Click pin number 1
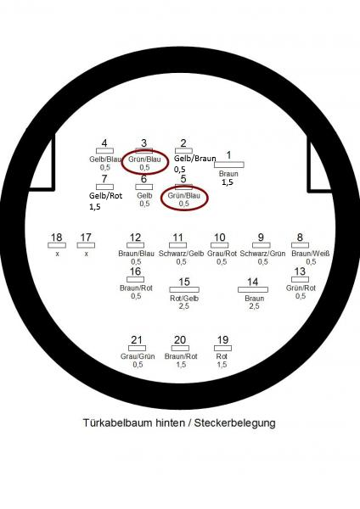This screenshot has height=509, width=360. click(x=228, y=155)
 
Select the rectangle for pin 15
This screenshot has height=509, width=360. click(x=184, y=289)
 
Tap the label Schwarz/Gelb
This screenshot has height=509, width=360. click(x=182, y=254)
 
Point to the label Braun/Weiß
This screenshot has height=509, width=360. click(x=311, y=254)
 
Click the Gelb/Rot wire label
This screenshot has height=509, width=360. click(x=105, y=196)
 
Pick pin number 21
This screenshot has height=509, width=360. click(x=137, y=340)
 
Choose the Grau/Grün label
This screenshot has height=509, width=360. click(x=138, y=356)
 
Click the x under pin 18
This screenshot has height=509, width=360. click(x=57, y=254)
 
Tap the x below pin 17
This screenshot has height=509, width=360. click(x=86, y=254)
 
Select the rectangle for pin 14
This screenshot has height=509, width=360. click(x=253, y=289)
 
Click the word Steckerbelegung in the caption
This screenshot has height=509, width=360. click(x=235, y=423)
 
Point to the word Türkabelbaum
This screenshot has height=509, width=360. click(x=118, y=423)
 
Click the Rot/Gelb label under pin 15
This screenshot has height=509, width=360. click(x=184, y=299)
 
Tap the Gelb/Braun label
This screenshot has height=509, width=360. click(x=195, y=159)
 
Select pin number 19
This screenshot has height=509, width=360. click(x=222, y=340)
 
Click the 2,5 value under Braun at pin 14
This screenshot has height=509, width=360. click(x=254, y=306)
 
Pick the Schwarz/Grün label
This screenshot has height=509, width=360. click(x=262, y=254)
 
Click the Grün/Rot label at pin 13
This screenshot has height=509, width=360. click(x=301, y=288)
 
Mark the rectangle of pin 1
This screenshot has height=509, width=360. click(x=229, y=165)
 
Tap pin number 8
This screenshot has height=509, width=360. click(x=300, y=238)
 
